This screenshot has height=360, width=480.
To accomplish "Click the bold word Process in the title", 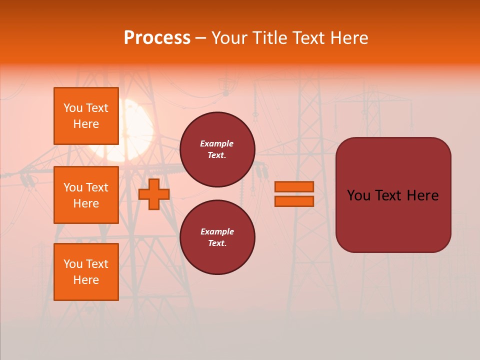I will click(x=157, y=38).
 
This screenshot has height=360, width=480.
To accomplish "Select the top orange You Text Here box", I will click(x=86, y=116).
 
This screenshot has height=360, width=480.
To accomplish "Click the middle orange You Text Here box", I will click(x=86, y=195).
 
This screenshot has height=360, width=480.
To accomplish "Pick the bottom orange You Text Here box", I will click(x=86, y=272).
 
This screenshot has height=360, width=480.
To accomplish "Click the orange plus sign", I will click(x=154, y=194).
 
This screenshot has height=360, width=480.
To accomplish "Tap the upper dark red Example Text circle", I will click(x=217, y=149).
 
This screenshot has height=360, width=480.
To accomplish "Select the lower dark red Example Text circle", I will click(x=217, y=237).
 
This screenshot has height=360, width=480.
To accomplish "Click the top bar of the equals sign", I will click(x=294, y=187).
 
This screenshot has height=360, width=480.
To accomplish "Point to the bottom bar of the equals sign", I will click(x=294, y=201).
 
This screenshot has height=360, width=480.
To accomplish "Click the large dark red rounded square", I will click(x=393, y=195).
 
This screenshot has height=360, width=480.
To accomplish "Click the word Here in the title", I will click(x=349, y=38).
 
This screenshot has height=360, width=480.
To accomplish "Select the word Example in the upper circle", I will click(x=217, y=143).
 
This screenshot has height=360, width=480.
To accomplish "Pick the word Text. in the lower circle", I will click(x=217, y=243).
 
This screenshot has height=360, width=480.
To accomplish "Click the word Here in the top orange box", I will click(x=86, y=124).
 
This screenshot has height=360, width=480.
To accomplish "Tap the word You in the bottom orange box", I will click(x=73, y=264).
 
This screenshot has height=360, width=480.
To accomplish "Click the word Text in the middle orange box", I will click(x=96, y=187).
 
